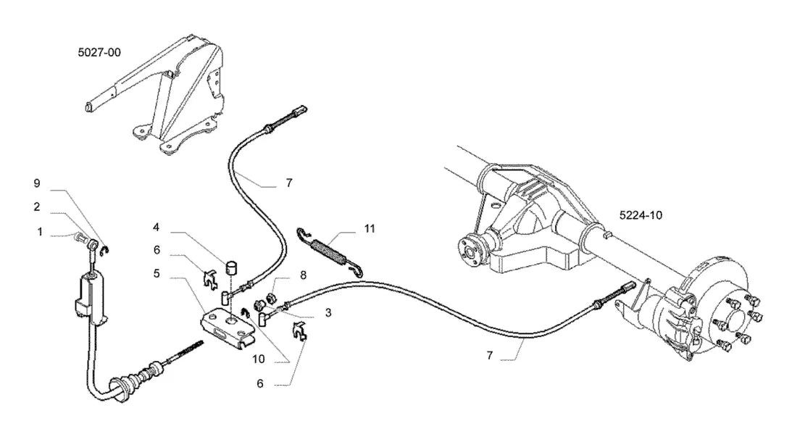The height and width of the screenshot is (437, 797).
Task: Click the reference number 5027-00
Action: (99, 52)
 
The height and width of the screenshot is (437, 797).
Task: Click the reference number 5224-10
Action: (640, 215)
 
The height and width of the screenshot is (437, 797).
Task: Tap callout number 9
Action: (37, 183)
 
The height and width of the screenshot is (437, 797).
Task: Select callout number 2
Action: (37, 207)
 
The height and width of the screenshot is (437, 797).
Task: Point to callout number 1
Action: (40, 232)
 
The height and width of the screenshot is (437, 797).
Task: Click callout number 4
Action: (157, 226)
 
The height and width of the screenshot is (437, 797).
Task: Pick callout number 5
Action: (157, 273)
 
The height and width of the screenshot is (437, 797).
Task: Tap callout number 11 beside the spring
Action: (370, 229)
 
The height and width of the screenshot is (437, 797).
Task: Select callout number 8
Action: (304, 275)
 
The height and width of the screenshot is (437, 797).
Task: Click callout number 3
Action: (328, 312)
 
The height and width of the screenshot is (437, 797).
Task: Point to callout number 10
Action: (259, 359)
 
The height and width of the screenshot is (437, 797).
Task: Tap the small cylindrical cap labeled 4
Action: (233, 266)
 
